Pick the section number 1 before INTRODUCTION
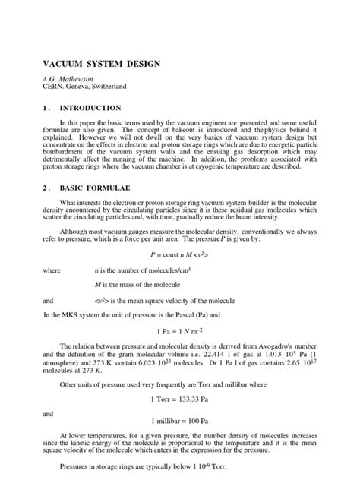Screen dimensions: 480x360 pos(45,109)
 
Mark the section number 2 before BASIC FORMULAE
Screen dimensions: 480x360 pos(45,187)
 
